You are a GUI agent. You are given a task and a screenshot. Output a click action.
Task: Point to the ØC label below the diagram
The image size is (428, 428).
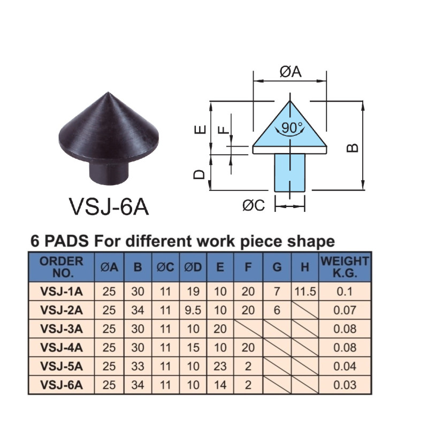tap(254, 205)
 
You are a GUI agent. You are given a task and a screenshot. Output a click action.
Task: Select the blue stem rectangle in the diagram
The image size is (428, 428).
tap(289, 172)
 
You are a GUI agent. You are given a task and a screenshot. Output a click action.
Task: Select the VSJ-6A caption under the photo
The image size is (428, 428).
tap(109, 207)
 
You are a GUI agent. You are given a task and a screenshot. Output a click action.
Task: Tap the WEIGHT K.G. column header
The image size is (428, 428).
tap(345, 266)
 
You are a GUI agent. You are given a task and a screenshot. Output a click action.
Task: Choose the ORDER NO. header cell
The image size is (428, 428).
tap(62, 266)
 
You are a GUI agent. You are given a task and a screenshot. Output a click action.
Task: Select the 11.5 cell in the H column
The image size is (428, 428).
tap(304, 292)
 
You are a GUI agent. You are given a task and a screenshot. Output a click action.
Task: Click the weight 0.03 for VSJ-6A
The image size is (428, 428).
tap(345, 384)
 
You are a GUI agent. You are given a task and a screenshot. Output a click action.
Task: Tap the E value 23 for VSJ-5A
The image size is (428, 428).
tap(220, 366)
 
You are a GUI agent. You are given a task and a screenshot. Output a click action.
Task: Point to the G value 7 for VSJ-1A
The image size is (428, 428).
tap(277, 292)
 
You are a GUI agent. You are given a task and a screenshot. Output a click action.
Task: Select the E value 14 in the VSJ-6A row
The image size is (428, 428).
tap(220, 384)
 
